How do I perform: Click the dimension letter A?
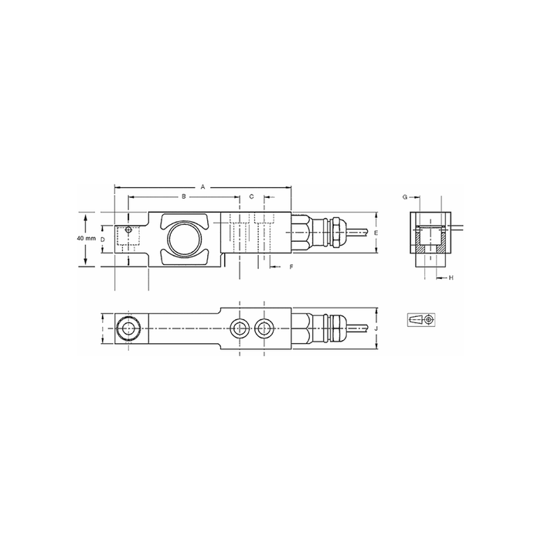(x=202, y=187)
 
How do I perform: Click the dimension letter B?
(x=184, y=196)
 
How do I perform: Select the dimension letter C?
(x=251, y=196)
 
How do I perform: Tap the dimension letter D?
(x=103, y=239)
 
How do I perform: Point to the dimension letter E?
(x=376, y=233)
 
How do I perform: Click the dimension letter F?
(x=291, y=267)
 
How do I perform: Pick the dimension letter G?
(x=405, y=197)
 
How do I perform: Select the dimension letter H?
(x=451, y=277)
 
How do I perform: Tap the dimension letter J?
(x=376, y=328)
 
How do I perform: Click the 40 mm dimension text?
(x=87, y=238)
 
